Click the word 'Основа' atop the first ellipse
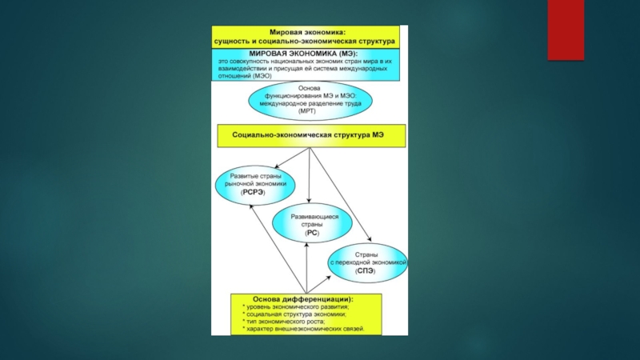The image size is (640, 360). pos(309,89)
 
